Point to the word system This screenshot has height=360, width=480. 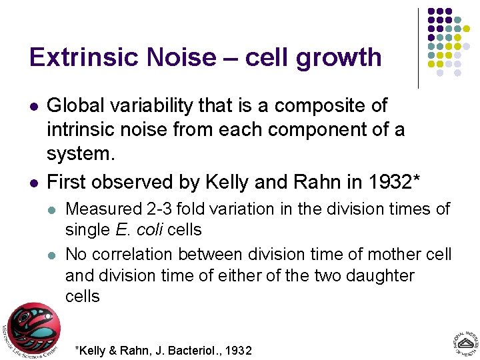point(81,154)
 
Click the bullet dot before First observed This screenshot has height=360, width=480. point(33,181)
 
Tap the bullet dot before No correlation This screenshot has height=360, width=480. point(53,255)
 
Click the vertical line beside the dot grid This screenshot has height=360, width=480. point(418,48)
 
